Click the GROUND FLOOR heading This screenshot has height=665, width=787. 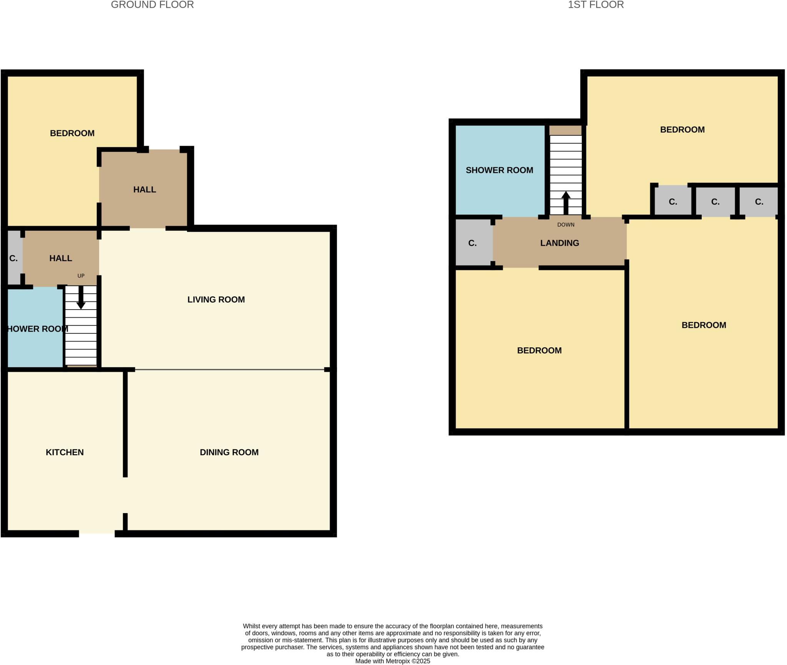coord(152,5)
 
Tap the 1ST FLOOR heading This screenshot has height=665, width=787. coord(596,5)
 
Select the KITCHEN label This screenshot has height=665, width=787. coord(65,452)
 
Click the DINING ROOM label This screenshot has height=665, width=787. coord(229,452)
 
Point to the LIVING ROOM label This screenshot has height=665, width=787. coord(216,300)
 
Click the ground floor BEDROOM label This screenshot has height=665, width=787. coord(72,133)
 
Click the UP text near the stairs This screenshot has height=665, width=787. coord(81,276)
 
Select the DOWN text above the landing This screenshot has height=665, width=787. coord(566,225)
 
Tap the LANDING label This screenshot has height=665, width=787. coord(560,243)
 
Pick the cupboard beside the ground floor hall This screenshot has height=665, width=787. coord(14,258)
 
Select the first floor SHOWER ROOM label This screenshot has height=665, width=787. coord(499,170)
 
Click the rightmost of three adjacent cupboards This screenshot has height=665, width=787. coord(759,202)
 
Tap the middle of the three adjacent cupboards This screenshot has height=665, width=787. coord(715,202)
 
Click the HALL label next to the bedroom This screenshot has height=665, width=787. coord(144,190)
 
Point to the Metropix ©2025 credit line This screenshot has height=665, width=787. coord(392,661)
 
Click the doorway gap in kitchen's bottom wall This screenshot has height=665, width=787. coord(97,533)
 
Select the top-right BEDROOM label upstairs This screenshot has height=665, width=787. coord(682,130)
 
